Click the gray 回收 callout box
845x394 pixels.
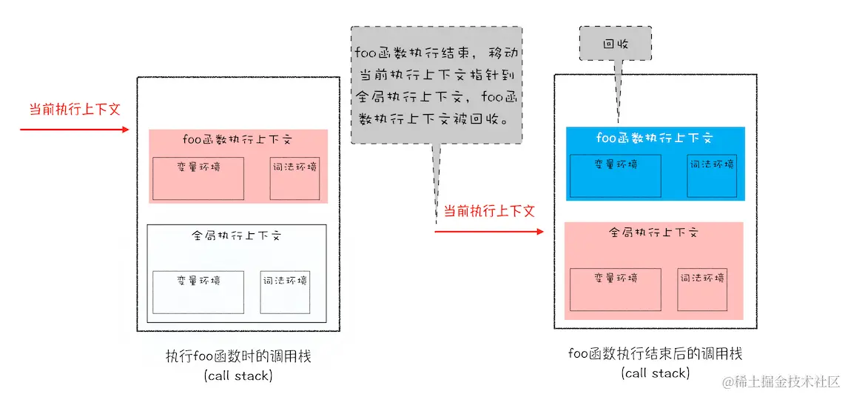[615, 43]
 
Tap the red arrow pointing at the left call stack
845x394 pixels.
[74, 130]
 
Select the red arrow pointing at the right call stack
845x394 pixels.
[488, 232]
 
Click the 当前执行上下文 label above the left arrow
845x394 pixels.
[74, 109]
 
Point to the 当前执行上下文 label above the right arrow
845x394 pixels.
[488, 211]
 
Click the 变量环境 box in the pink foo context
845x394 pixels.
[198, 178]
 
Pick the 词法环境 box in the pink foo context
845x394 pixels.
[294, 178]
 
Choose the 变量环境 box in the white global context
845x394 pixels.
[198, 292]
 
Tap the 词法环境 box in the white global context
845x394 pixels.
[285, 291]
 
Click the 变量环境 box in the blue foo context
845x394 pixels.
[615, 176]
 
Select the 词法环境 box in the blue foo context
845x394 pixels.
[712, 176]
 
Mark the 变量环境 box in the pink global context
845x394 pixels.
[615, 289]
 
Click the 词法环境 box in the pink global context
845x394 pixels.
[702, 289]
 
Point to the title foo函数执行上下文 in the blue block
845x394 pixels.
[654, 138]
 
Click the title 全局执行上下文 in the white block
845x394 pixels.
[236, 236]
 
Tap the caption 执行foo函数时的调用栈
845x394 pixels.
[238, 357]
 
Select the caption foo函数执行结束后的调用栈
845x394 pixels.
[655, 354]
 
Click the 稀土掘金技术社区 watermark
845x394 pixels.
[788, 381]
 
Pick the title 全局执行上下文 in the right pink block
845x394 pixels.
[654, 232]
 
